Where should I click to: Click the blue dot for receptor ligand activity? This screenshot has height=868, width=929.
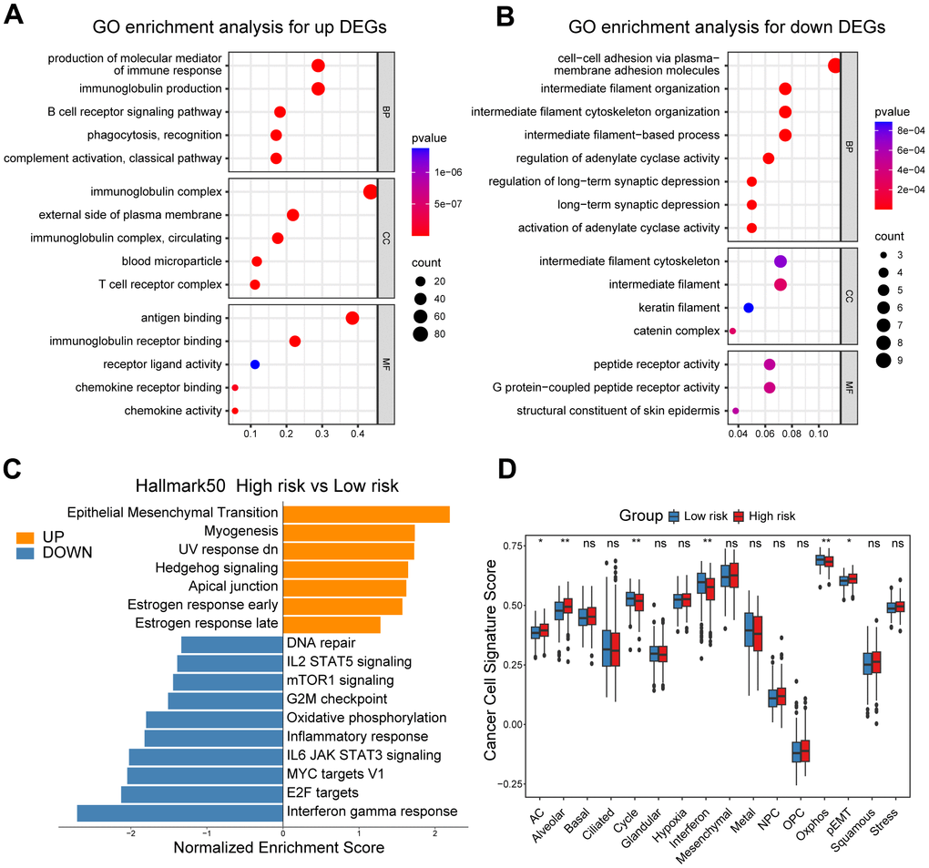(x=255, y=364)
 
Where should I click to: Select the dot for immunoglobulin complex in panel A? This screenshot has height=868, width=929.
(x=370, y=191)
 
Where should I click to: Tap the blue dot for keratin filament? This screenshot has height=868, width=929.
(x=749, y=308)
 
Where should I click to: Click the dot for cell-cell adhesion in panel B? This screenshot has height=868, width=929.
(x=834, y=65)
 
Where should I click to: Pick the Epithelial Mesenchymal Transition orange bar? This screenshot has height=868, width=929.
(x=366, y=515)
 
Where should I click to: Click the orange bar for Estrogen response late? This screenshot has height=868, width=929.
(x=332, y=624)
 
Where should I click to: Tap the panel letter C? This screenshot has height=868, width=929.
(x=12, y=468)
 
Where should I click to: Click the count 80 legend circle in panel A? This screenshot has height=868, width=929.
(x=422, y=332)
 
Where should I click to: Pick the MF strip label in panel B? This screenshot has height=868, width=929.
(x=849, y=387)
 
